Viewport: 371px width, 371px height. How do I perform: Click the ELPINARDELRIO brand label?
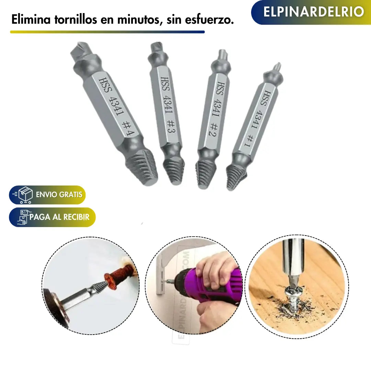coord(313,12)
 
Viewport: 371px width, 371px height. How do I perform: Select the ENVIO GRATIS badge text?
coord(59,195)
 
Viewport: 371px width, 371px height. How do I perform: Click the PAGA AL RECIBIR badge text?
coord(59,217)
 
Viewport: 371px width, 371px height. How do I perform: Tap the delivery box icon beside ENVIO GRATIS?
coord(25,195)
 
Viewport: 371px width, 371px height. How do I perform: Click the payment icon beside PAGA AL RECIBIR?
coord(23,217)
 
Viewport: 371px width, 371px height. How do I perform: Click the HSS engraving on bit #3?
coord(164,84)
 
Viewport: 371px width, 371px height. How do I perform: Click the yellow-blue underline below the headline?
coord(107,32)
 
